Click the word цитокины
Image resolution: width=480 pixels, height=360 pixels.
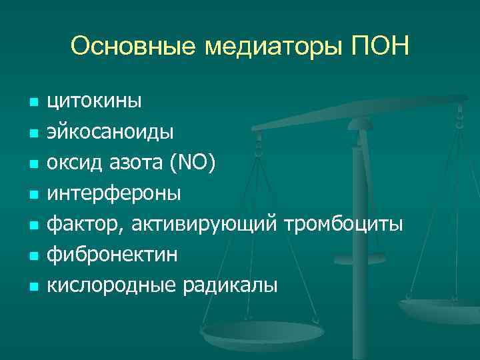(x=94, y=102)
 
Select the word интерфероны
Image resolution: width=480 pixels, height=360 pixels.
(x=113, y=194)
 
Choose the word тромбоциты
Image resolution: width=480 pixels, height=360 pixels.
(x=344, y=225)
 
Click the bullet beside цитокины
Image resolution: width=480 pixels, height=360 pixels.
(x=31, y=103)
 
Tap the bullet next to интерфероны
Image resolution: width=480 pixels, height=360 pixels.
(x=31, y=195)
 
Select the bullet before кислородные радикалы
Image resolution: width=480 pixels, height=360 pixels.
(x=31, y=288)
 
